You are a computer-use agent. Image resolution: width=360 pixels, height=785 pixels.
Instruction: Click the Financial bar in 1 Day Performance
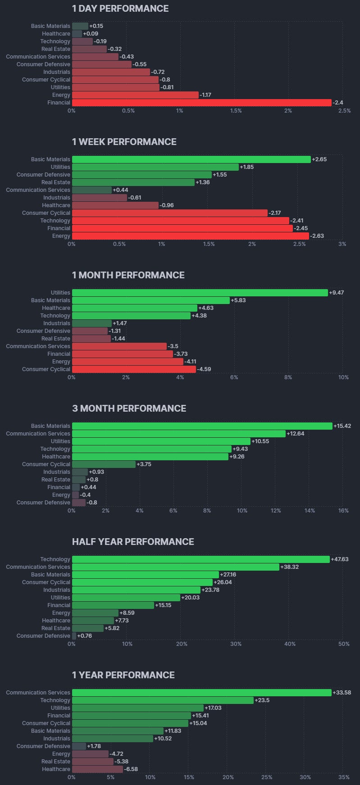pyautogui.click(x=201, y=103)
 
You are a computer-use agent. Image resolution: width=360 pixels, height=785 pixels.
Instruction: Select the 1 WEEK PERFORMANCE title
pyautogui.click(x=124, y=142)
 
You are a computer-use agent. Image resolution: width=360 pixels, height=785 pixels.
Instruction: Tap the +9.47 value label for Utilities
pyautogui.click(x=336, y=293)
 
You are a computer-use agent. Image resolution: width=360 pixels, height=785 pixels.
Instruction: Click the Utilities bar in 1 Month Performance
pyautogui.click(x=200, y=293)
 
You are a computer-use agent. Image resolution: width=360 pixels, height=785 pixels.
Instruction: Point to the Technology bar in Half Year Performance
pyautogui.click(x=201, y=559)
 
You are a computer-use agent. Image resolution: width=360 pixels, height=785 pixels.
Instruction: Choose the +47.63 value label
pyautogui.click(x=340, y=559)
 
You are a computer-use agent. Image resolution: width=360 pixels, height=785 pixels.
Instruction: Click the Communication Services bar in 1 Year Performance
pyautogui.click(x=201, y=693)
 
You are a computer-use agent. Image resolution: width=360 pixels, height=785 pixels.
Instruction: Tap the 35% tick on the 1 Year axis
pyautogui.click(x=343, y=777)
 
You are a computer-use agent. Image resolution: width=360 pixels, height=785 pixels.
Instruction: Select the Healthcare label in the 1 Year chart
pyautogui.click(x=56, y=769)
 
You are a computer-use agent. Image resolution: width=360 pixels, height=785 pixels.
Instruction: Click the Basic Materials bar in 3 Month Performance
pyautogui.click(x=202, y=426)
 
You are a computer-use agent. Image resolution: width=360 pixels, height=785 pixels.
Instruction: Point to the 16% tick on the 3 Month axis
pyautogui.click(x=343, y=511)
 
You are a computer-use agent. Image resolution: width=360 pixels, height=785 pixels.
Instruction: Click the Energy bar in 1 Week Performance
pyautogui.click(x=190, y=236)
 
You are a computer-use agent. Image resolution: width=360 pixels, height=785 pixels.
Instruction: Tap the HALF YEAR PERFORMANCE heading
pyautogui.click(x=133, y=542)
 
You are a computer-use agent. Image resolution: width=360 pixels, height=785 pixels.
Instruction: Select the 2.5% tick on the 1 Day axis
pyautogui.click(x=344, y=111)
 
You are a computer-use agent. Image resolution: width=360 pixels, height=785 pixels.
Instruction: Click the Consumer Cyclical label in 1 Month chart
pyautogui.click(x=46, y=369)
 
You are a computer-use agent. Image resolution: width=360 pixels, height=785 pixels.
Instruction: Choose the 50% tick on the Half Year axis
pyautogui.click(x=344, y=644)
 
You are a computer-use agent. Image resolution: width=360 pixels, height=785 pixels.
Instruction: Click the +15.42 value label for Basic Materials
pyautogui.click(x=342, y=426)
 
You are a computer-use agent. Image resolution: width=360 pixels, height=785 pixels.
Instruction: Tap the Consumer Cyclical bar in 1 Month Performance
pyautogui.click(x=134, y=369)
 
